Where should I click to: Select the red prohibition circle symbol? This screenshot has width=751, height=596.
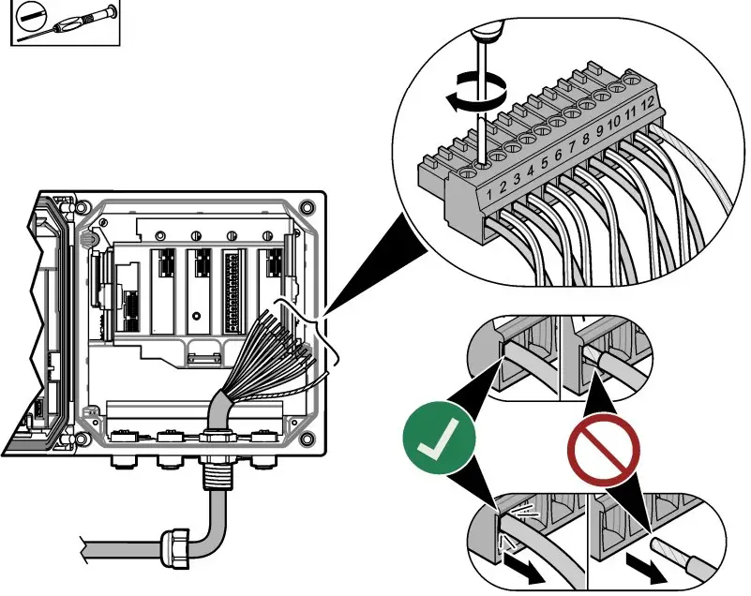(x=602, y=451)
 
